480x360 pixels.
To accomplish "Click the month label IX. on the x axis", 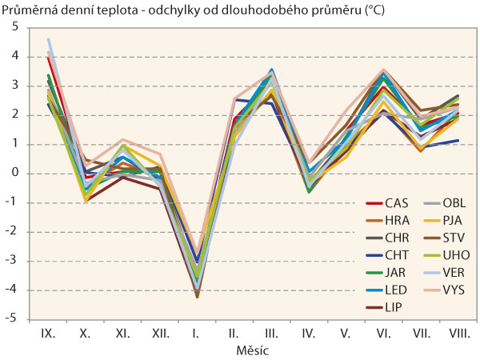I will coord(48,331).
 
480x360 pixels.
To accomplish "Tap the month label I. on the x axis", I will coord(196,331).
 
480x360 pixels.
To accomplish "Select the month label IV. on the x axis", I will coord(307,331).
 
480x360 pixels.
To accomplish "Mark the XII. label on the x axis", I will coord(159,331).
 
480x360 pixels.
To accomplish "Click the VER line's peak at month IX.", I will coord(49,38).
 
